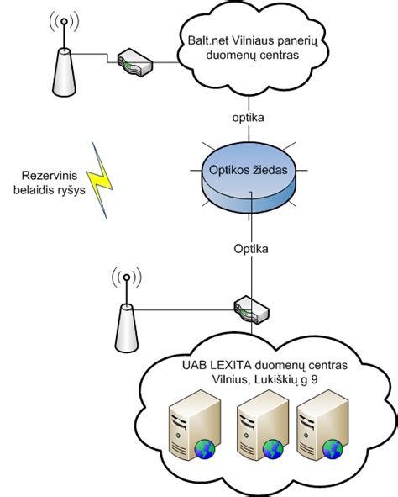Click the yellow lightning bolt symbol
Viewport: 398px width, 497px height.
(99, 181)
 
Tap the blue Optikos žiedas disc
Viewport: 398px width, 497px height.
(249, 177)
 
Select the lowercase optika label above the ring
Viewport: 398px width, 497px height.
(248, 118)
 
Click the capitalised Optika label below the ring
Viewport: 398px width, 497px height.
(251, 249)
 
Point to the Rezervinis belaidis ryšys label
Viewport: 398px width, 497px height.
(50, 182)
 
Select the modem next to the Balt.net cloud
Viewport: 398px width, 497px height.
(135, 62)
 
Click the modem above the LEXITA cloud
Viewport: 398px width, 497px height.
(252, 310)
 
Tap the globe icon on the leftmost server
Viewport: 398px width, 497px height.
(205, 449)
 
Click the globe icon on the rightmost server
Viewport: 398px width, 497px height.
(333, 449)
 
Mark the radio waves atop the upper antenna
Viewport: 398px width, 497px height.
(64, 22)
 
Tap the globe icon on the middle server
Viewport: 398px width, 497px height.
(273, 449)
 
